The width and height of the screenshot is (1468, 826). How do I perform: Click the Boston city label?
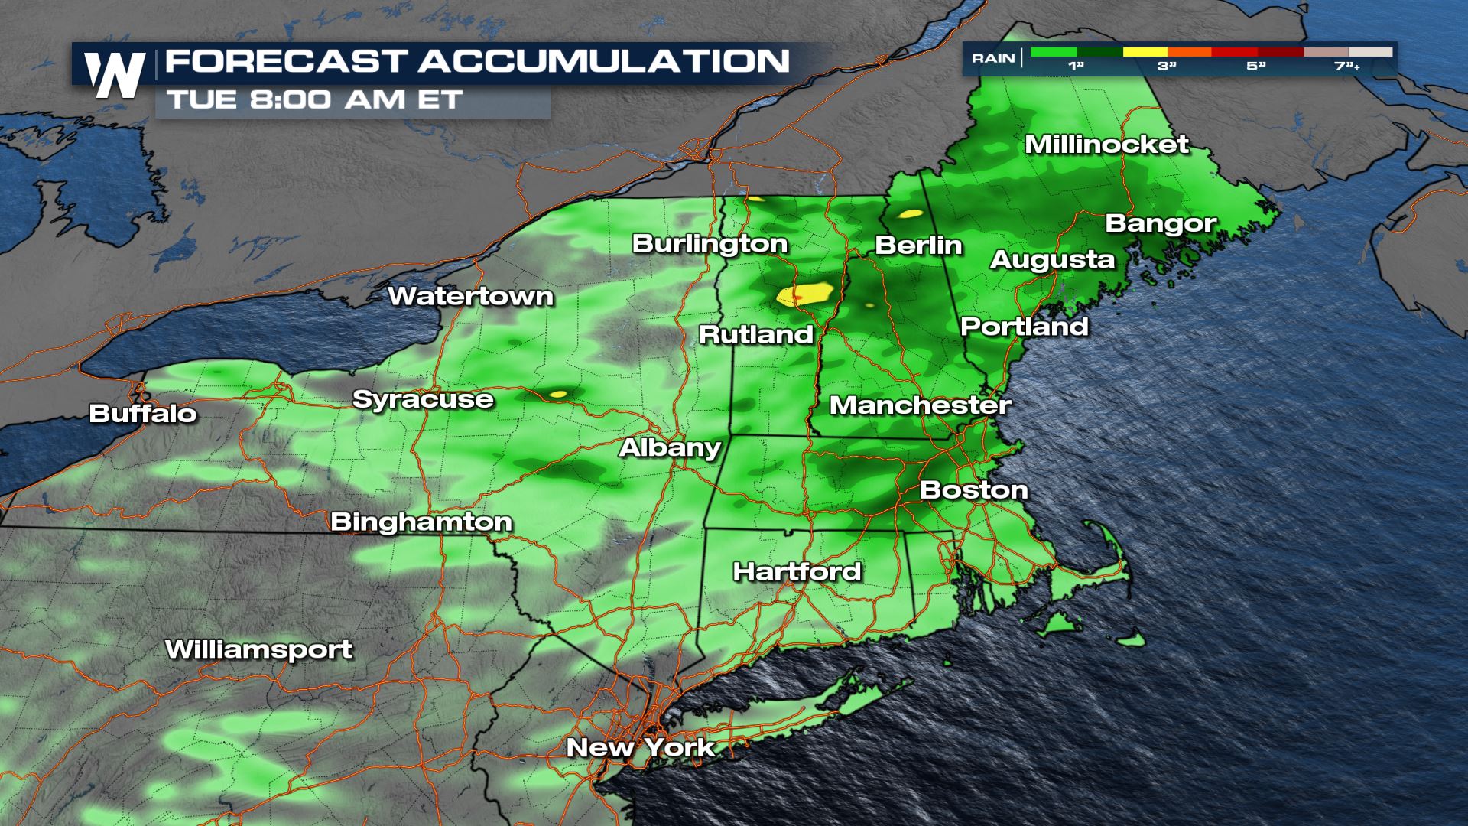point(973,490)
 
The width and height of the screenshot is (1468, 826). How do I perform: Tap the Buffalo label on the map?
point(143,414)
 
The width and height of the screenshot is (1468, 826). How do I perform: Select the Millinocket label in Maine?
point(1106,145)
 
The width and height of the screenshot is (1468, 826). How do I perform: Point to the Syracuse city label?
point(423,399)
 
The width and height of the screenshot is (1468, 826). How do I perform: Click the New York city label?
point(641,747)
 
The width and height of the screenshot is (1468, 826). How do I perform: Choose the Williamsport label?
point(258,649)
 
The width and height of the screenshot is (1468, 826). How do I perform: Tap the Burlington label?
point(710,244)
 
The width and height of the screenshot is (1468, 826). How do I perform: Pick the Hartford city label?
point(797,571)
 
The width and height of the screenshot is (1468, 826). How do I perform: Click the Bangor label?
point(1161,223)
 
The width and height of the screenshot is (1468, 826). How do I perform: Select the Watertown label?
point(470,296)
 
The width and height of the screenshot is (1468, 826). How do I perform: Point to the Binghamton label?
point(421,522)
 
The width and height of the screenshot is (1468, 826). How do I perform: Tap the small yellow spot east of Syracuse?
point(558,394)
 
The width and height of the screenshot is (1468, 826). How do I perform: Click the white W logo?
point(115,75)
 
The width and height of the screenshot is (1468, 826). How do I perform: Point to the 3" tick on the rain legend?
point(1166,67)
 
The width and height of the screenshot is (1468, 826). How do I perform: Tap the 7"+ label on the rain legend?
point(1346,67)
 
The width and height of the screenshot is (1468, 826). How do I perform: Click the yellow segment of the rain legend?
point(1144,52)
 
